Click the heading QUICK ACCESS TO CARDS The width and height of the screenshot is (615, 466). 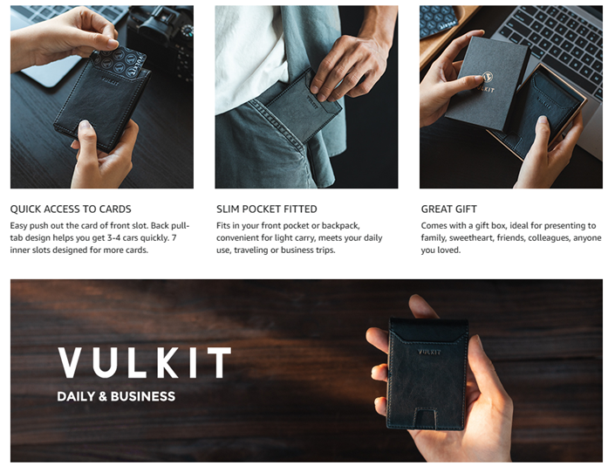click(71, 209)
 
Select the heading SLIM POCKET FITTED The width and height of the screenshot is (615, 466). click(267, 209)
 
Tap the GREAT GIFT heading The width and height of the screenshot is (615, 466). click(449, 209)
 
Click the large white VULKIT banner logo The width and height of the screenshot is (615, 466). click(144, 362)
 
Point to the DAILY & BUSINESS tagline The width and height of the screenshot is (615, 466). click(116, 396)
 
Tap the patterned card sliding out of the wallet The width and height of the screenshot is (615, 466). click(119, 61)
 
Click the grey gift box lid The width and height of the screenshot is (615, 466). click(487, 83)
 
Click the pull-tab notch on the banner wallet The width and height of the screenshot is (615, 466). click(426, 417)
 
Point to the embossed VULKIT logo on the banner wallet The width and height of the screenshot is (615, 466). click(429, 352)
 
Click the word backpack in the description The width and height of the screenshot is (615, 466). click(340, 226)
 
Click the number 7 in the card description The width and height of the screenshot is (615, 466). click(174, 237)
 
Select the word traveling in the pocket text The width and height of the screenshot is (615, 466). click(251, 250)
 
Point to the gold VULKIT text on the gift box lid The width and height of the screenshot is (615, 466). click(486, 89)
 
